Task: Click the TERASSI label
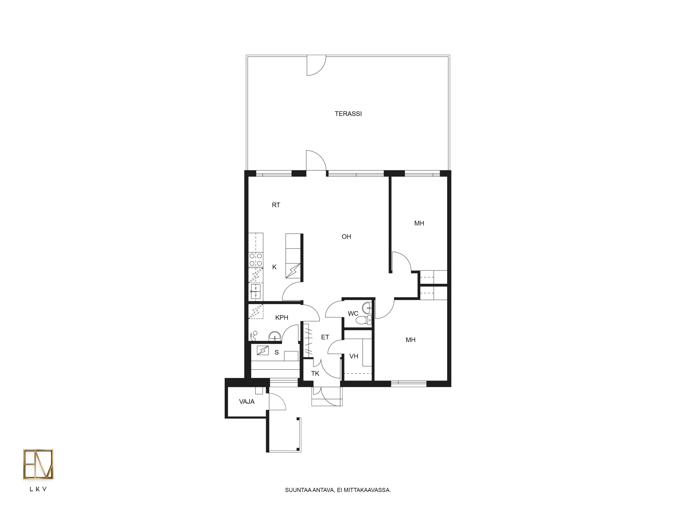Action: tap(348, 114)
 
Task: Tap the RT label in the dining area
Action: tap(276, 205)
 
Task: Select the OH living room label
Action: tap(346, 237)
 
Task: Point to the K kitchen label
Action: tap(274, 267)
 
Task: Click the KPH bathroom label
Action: tap(282, 318)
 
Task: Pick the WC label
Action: tap(353, 313)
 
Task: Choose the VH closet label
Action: tap(354, 356)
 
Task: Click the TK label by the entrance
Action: tap(315, 373)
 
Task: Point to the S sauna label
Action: tap(277, 352)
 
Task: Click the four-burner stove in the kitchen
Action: tap(256, 259)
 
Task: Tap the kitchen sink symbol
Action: tap(256, 292)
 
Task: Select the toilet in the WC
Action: tap(364, 320)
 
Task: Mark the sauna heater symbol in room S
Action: tap(263, 350)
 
